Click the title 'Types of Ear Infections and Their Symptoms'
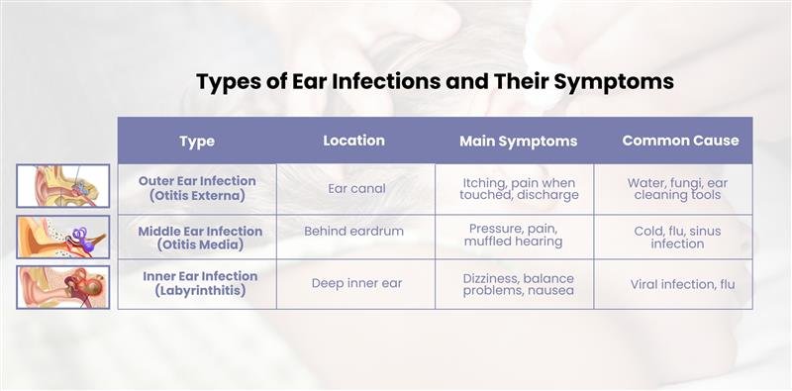tap(435, 81)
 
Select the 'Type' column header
tap(197, 142)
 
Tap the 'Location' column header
tap(354, 141)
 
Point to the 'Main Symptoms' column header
tap(518, 142)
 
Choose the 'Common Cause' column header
tap(680, 141)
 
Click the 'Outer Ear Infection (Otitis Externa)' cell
tap(197, 188)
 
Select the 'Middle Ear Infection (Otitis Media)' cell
tap(197, 238)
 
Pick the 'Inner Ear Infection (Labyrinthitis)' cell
tap(197, 284)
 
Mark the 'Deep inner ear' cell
tap(355, 284)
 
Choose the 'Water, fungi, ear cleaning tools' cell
tap(678, 189)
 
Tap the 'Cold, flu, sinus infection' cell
tap(678, 236)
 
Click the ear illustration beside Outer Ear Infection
tap(63, 186)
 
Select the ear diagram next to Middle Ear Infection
tap(63, 238)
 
